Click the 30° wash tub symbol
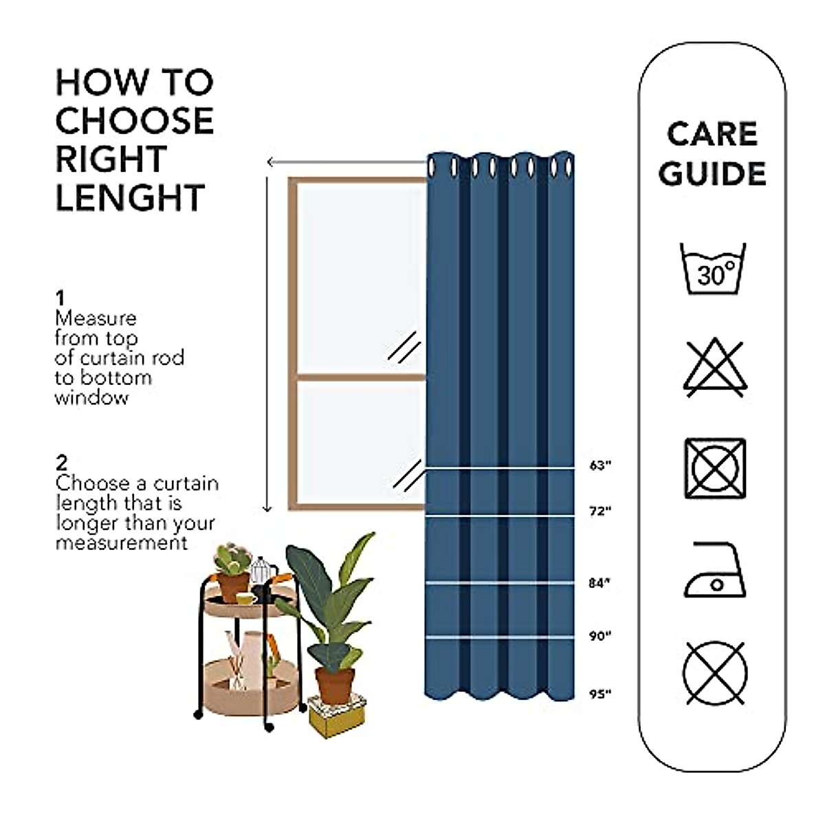(x=713, y=269)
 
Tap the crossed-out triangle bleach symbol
(x=714, y=368)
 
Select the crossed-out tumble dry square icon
(x=714, y=468)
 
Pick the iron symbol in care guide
(x=715, y=571)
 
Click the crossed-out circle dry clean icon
(x=715, y=672)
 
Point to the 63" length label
(x=600, y=466)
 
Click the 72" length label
(x=600, y=511)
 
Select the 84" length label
(x=600, y=583)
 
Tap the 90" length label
(x=600, y=637)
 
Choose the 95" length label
(x=600, y=694)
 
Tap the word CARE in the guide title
(x=712, y=133)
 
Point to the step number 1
(x=60, y=298)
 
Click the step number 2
(x=61, y=463)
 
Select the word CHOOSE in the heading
(x=135, y=121)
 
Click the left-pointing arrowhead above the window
(x=271, y=162)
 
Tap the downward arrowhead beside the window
(x=268, y=508)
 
